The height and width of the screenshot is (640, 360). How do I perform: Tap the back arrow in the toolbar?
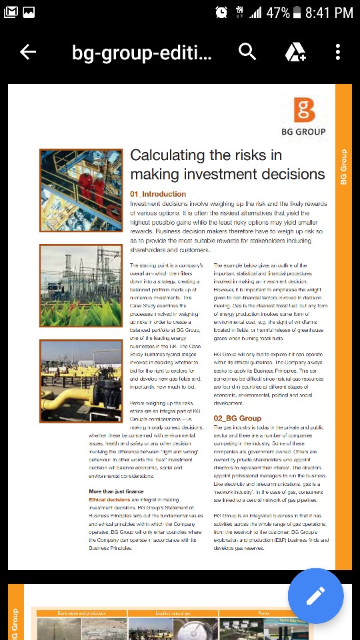[x=28, y=52]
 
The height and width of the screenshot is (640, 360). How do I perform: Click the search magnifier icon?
[x=247, y=52]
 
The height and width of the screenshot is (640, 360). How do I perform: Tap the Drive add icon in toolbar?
[x=295, y=52]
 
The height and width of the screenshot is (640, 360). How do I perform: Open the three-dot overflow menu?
[x=338, y=52]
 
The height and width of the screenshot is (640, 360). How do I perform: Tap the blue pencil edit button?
[x=315, y=596]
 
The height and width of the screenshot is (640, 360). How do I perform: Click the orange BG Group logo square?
[x=304, y=109]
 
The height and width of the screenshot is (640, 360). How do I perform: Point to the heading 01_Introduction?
[x=158, y=194]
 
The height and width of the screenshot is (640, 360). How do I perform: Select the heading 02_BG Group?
[x=237, y=418]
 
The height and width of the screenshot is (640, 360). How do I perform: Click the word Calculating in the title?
[x=167, y=155]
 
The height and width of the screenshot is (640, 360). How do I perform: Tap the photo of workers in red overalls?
[x=81, y=191]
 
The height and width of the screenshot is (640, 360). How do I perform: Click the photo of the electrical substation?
[x=81, y=285]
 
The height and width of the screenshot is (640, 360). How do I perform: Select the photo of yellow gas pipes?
[x=81, y=381]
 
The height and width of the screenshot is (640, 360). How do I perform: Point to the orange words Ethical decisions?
[x=109, y=499]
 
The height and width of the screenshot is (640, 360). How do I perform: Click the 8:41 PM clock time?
[x=329, y=13]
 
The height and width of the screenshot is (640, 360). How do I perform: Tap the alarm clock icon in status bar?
[x=222, y=13]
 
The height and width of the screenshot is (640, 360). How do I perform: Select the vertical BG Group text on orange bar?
[x=343, y=167]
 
